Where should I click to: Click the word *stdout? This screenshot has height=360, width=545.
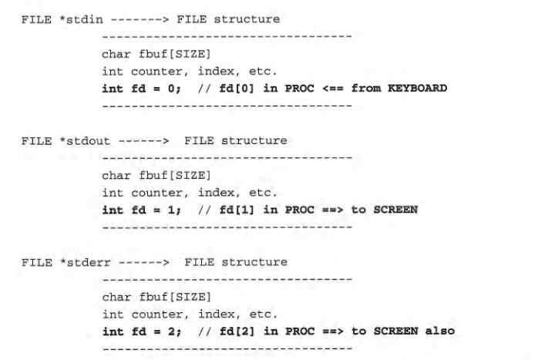(74, 141)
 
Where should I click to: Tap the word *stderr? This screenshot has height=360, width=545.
(74, 263)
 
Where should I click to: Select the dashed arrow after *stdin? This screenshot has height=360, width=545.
(125, 19)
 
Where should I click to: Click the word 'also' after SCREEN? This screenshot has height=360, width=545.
(439, 331)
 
